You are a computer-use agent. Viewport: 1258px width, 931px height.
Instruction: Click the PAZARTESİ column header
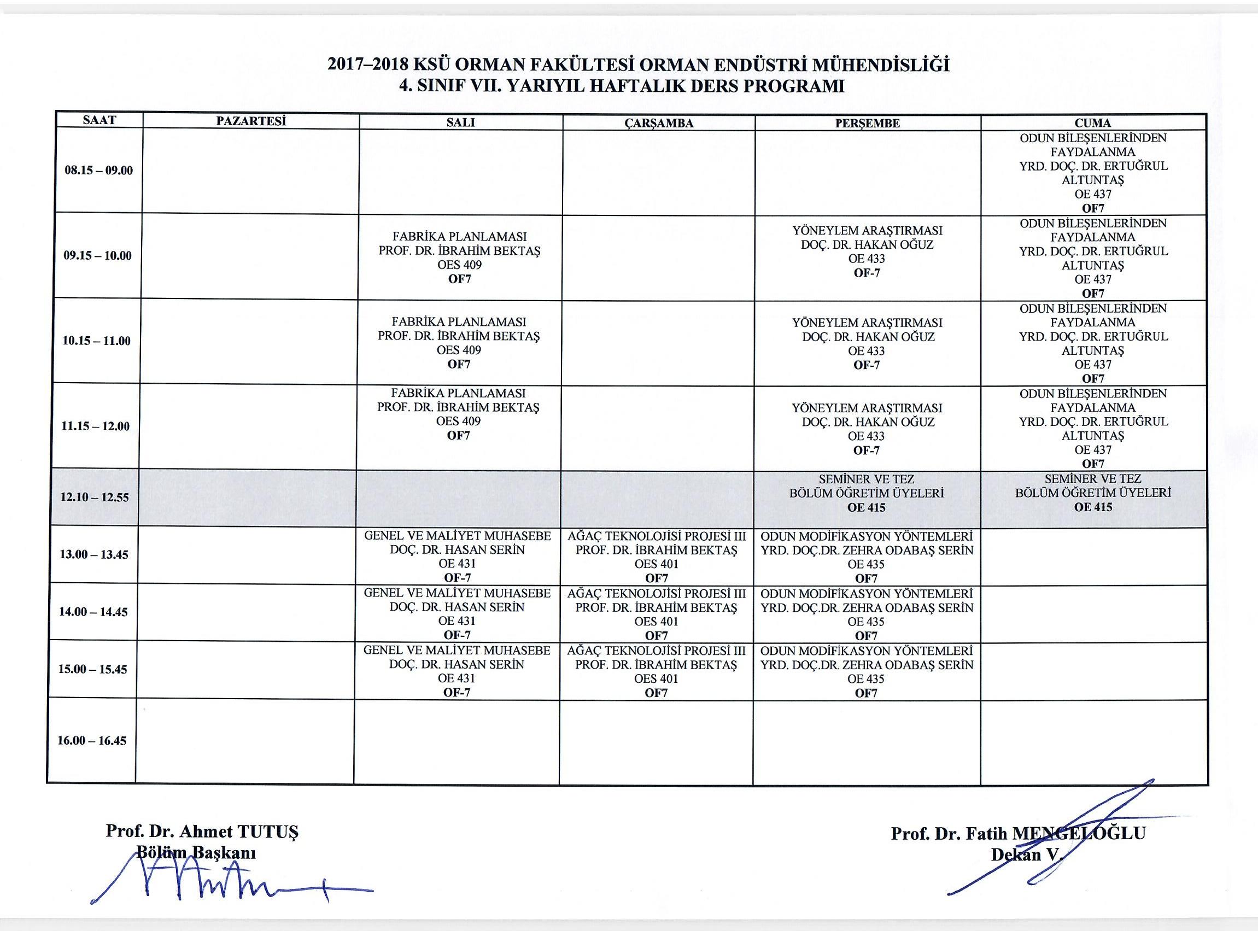pyautogui.click(x=251, y=121)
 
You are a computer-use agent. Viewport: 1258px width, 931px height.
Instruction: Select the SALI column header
pyautogui.click(x=460, y=123)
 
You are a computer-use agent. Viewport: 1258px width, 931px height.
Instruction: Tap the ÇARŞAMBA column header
pyautogui.click(x=658, y=124)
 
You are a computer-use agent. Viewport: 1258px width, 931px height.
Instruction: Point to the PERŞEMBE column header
pyautogui.click(x=868, y=124)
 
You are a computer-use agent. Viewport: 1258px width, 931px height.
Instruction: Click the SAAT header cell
pyautogui.click(x=99, y=120)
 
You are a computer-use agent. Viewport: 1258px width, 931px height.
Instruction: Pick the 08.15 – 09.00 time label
pyautogui.click(x=98, y=171)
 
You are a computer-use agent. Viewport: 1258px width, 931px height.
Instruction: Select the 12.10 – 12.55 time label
pyautogui.click(x=95, y=497)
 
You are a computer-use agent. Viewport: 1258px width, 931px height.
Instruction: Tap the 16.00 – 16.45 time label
pyautogui.click(x=92, y=741)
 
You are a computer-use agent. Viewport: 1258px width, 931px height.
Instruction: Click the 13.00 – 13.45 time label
pyautogui.click(x=93, y=554)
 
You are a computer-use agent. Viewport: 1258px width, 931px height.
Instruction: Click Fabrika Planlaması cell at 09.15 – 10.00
pyautogui.click(x=459, y=257)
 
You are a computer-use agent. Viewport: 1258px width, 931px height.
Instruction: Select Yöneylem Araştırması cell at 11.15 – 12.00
pyautogui.click(x=867, y=428)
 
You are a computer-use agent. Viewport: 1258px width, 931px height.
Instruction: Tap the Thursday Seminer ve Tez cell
pyautogui.click(x=867, y=494)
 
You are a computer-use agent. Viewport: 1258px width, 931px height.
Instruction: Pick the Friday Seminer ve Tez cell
pyautogui.click(x=1093, y=493)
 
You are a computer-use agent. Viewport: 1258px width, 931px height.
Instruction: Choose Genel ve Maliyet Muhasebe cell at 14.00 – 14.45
pyautogui.click(x=457, y=614)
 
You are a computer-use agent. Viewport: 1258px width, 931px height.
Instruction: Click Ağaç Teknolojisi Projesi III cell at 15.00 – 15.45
pyautogui.click(x=656, y=671)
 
